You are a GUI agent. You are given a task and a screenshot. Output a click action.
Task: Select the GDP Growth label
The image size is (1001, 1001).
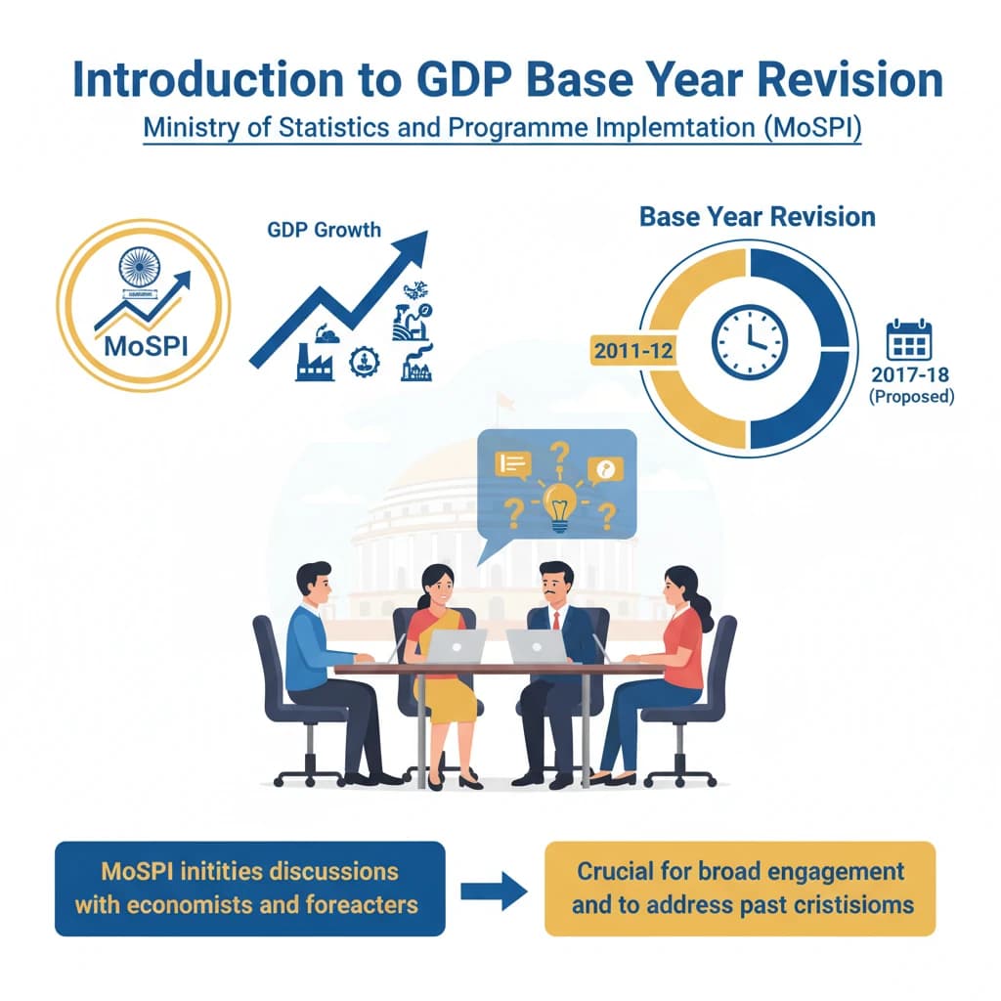pos(324,231)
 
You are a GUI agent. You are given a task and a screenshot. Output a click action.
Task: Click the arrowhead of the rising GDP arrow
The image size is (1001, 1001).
pos(414,243)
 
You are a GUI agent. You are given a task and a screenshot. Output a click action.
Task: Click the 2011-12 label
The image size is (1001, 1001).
pos(632,350)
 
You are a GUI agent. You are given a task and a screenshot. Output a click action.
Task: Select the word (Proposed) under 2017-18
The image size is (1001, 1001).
pos(910,398)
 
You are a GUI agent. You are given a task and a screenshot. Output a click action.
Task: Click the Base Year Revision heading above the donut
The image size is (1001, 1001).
pos(758,216)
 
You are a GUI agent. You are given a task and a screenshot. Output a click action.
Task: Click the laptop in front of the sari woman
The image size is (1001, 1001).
pos(457,646)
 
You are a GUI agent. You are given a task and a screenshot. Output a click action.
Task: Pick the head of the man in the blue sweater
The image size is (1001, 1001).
pos(315,585)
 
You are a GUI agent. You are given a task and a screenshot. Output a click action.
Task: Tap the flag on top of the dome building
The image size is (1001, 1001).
pos(504,400)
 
